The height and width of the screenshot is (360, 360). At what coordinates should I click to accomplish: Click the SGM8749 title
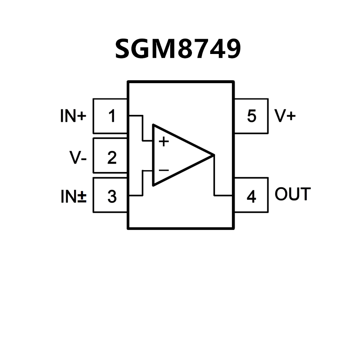click(178, 49)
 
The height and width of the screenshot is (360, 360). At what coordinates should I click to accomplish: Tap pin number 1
click(112, 116)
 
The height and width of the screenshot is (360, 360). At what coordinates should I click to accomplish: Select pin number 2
click(112, 157)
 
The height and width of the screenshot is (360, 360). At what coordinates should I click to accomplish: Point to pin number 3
click(112, 197)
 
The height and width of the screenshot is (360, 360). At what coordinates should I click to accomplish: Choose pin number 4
click(251, 197)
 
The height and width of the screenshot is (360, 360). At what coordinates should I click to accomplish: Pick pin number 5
click(251, 116)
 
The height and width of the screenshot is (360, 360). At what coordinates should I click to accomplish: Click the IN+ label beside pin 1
click(73, 116)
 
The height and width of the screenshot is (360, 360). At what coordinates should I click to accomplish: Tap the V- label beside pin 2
click(78, 157)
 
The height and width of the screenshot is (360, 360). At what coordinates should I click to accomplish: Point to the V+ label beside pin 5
click(285, 116)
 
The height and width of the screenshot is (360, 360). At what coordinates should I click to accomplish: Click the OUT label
click(293, 195)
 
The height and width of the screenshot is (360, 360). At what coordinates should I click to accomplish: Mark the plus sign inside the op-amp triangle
click(164, 141)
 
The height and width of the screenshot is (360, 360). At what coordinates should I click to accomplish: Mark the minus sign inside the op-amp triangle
click(164, 170)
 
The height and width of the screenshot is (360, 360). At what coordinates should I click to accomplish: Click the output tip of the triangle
click(213, 155)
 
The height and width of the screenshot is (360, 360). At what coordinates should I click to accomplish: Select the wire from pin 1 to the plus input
click(142, 128)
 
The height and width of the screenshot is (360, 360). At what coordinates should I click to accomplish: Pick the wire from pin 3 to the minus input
click(142, 183)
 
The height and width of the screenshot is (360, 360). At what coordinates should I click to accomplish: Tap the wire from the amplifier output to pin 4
click(214, 178)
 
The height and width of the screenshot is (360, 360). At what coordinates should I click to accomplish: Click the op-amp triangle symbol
click(178, 155)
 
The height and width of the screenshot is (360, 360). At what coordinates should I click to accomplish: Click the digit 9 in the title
click(232, 49)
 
